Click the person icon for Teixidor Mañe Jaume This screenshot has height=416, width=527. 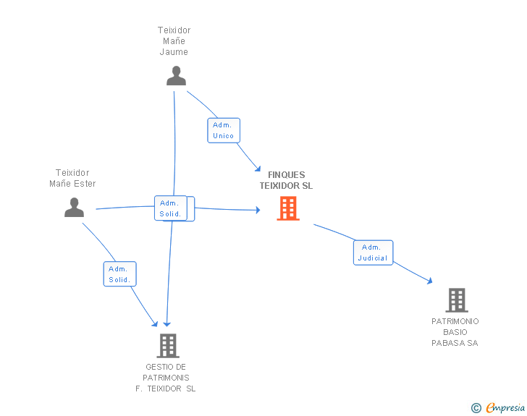point(176,76)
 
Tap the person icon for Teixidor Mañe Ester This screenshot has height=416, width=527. point(75,208)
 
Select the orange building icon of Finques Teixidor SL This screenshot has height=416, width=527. point(288,208)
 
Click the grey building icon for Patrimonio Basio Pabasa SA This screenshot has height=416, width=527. point(457,300)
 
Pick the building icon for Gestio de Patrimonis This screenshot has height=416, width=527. point(168,346)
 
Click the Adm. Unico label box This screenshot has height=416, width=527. point(224,130)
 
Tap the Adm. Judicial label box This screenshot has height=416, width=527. point(373,252)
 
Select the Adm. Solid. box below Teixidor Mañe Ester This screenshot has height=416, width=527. point(119,274)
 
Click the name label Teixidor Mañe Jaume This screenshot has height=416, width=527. point(174,41)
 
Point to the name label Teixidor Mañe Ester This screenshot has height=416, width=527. point(72,178)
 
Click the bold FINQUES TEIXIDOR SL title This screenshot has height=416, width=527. point(287,180)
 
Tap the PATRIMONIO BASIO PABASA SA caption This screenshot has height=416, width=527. point(455,332)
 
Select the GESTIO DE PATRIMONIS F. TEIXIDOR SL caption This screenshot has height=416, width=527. point(166,378)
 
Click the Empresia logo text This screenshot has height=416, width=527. point(505,408)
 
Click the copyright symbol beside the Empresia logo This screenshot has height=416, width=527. point(476,408)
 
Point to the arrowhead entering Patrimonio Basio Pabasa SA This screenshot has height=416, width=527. point(429,281)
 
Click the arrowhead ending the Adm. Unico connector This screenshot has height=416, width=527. point(258,169)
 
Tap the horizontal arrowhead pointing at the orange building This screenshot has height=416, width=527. point(258,210)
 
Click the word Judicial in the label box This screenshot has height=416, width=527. point(373,258)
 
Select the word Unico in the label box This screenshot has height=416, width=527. point(223,136)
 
